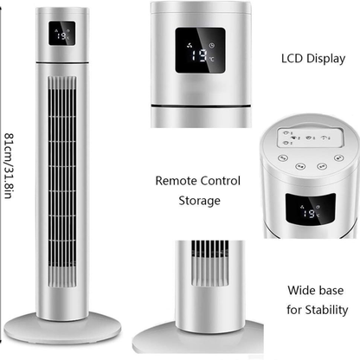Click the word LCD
point(292,58)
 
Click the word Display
point(325,59)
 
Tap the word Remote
point(177,181)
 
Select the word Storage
point(199,201)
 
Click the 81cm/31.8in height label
point(9,166)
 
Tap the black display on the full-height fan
point(62,33)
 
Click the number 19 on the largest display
point(200,55)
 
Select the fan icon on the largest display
point(190,45)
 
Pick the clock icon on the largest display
point(212,45)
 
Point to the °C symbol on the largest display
point(212,59)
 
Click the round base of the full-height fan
point(62,329)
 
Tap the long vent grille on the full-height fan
point(62,182)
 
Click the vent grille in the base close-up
point(210,263)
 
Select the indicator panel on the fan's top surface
point(311,138)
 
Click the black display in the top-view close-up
point(311,209)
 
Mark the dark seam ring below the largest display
point(201,106)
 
